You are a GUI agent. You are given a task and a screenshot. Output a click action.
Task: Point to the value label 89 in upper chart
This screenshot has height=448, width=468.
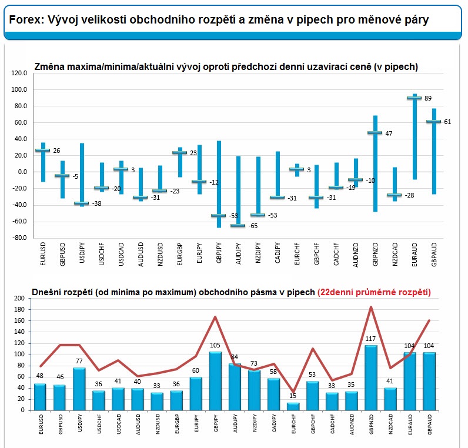(427, 98)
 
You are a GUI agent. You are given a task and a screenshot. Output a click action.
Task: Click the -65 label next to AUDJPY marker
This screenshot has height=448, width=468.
(254, 226)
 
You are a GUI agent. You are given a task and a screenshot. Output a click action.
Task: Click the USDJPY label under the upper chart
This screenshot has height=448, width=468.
(82, 253)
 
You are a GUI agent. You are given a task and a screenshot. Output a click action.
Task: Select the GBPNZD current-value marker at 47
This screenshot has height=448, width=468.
(375, 133)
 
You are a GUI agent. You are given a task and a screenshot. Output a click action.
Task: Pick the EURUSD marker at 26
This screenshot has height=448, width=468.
(43, 151)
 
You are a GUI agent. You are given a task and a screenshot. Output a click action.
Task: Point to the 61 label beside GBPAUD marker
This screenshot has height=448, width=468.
(447, 122)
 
